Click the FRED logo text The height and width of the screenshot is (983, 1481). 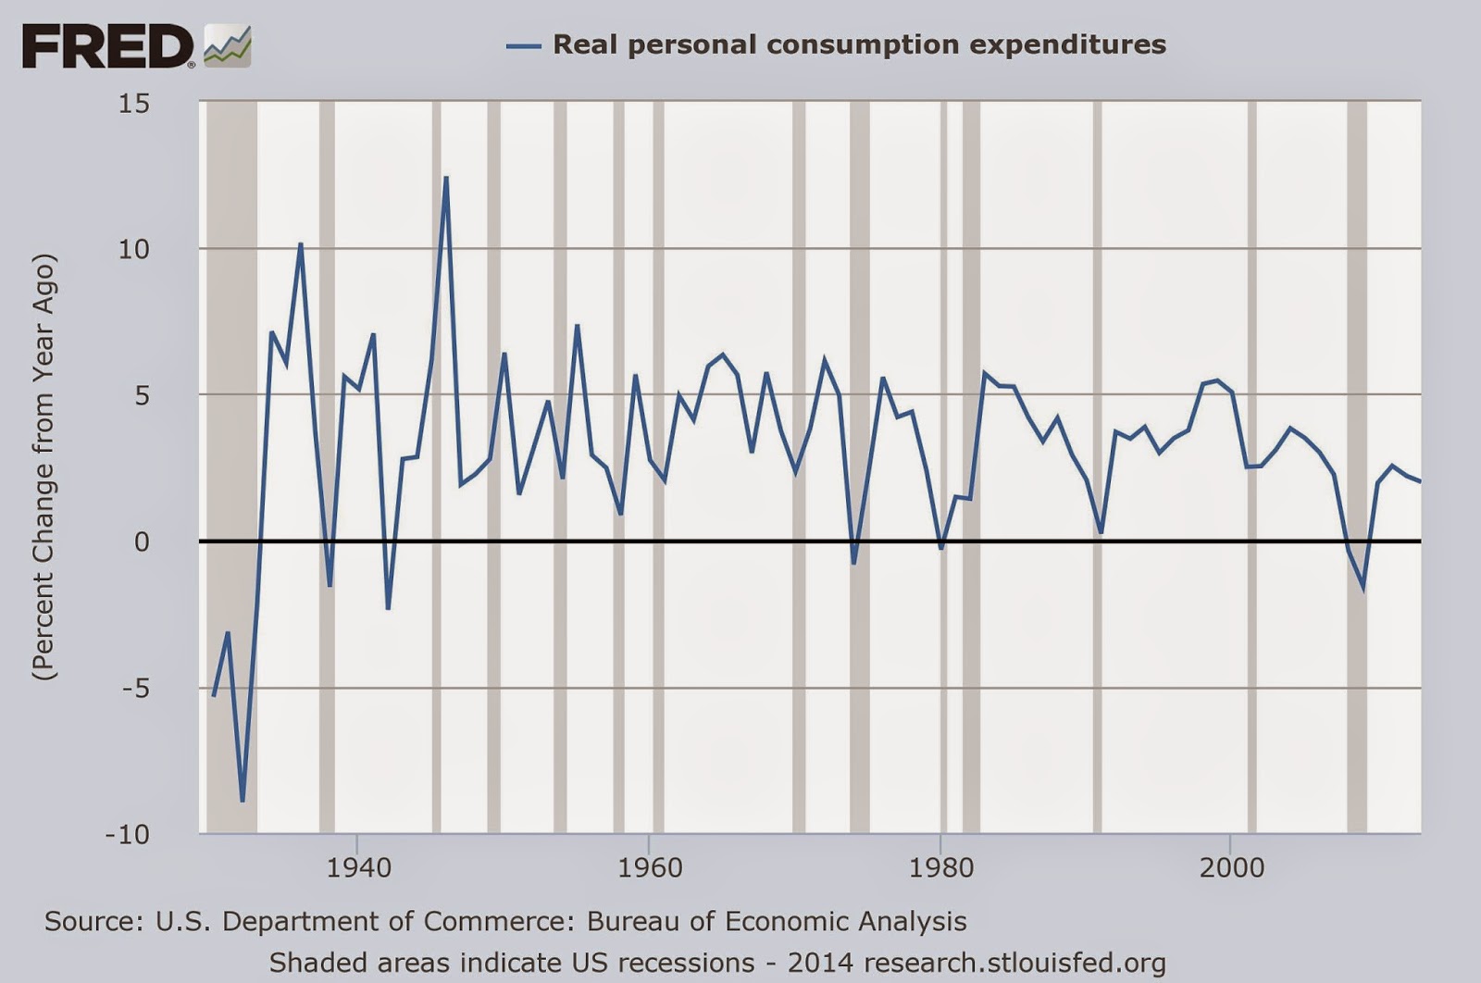tap(107, 46)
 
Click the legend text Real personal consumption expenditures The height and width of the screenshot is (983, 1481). tap(859, 44)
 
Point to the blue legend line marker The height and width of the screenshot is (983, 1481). tap(523, 45)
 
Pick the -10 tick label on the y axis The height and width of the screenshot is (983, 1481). tap(127, 834)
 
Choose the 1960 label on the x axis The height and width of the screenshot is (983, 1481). tap(649, 867)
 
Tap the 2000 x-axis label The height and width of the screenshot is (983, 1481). tap(1231, 867)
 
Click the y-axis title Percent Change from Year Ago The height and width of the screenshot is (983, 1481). tap(44, 467)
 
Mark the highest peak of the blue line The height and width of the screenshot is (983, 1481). tap(446, 177)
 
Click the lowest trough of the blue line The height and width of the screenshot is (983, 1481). tap(243, 801)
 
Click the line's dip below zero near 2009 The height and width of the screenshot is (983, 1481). tap(1363, 587)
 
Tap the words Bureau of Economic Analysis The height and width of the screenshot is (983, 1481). tap(777, 922)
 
